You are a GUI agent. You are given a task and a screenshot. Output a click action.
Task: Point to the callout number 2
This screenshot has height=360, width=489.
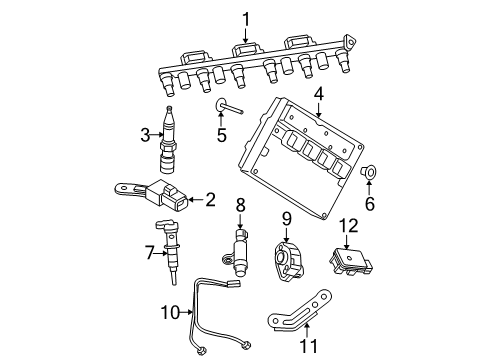(x=210, y=199)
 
